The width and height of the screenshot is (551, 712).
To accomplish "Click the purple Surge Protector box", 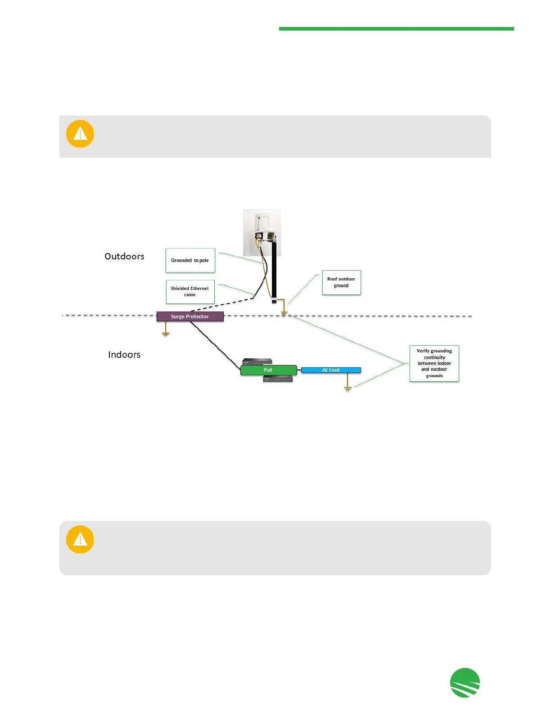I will coord(190,316).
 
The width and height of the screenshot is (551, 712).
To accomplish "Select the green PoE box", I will coord(268,370).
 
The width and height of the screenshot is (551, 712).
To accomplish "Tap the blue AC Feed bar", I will coord(331,370).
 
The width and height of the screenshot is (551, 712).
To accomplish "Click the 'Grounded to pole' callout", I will coord(190,260).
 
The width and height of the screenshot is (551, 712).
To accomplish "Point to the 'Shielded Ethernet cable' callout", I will coord(190,292).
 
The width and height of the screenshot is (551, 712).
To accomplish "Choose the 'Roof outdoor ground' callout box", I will coord(341,282).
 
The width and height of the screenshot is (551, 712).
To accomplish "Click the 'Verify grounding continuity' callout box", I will coord(434,363).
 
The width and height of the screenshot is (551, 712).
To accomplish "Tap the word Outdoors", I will coord(124,256).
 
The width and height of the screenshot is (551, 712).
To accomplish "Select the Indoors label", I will coord(124,355).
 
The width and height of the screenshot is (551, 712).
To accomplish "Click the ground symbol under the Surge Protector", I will coord(166,333).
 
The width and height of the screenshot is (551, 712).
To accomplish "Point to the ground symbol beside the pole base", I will coord(284,312).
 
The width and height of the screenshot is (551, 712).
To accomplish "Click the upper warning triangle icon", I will coord(80,133).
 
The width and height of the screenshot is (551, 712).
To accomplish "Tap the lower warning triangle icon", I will coord(80,539).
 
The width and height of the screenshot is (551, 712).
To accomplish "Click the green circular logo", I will coord(465,682).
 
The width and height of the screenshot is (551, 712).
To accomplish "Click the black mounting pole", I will coord(274,274).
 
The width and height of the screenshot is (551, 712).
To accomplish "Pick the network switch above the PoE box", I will coord(257,361).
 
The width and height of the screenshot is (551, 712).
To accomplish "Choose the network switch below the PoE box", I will coord(278,379).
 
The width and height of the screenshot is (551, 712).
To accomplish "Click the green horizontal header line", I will coord(396,29).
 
